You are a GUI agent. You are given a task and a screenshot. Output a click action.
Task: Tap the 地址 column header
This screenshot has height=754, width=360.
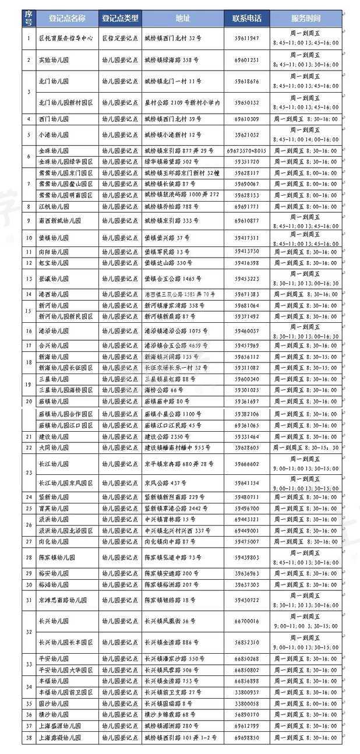(181, 18)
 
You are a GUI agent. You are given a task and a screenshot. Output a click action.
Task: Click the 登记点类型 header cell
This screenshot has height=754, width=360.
(119, 18)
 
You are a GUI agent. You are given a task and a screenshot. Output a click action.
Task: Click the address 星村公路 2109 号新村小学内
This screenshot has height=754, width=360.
(182, 103)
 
